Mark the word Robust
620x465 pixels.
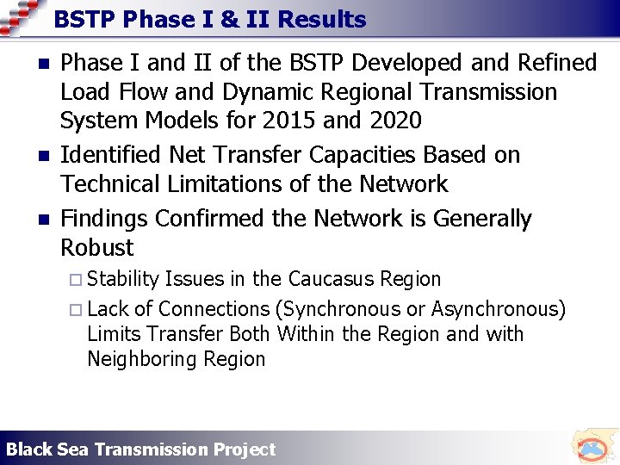97,248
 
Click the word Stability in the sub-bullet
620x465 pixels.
123,280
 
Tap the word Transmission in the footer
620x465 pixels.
151,449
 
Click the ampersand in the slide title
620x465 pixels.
228,19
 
